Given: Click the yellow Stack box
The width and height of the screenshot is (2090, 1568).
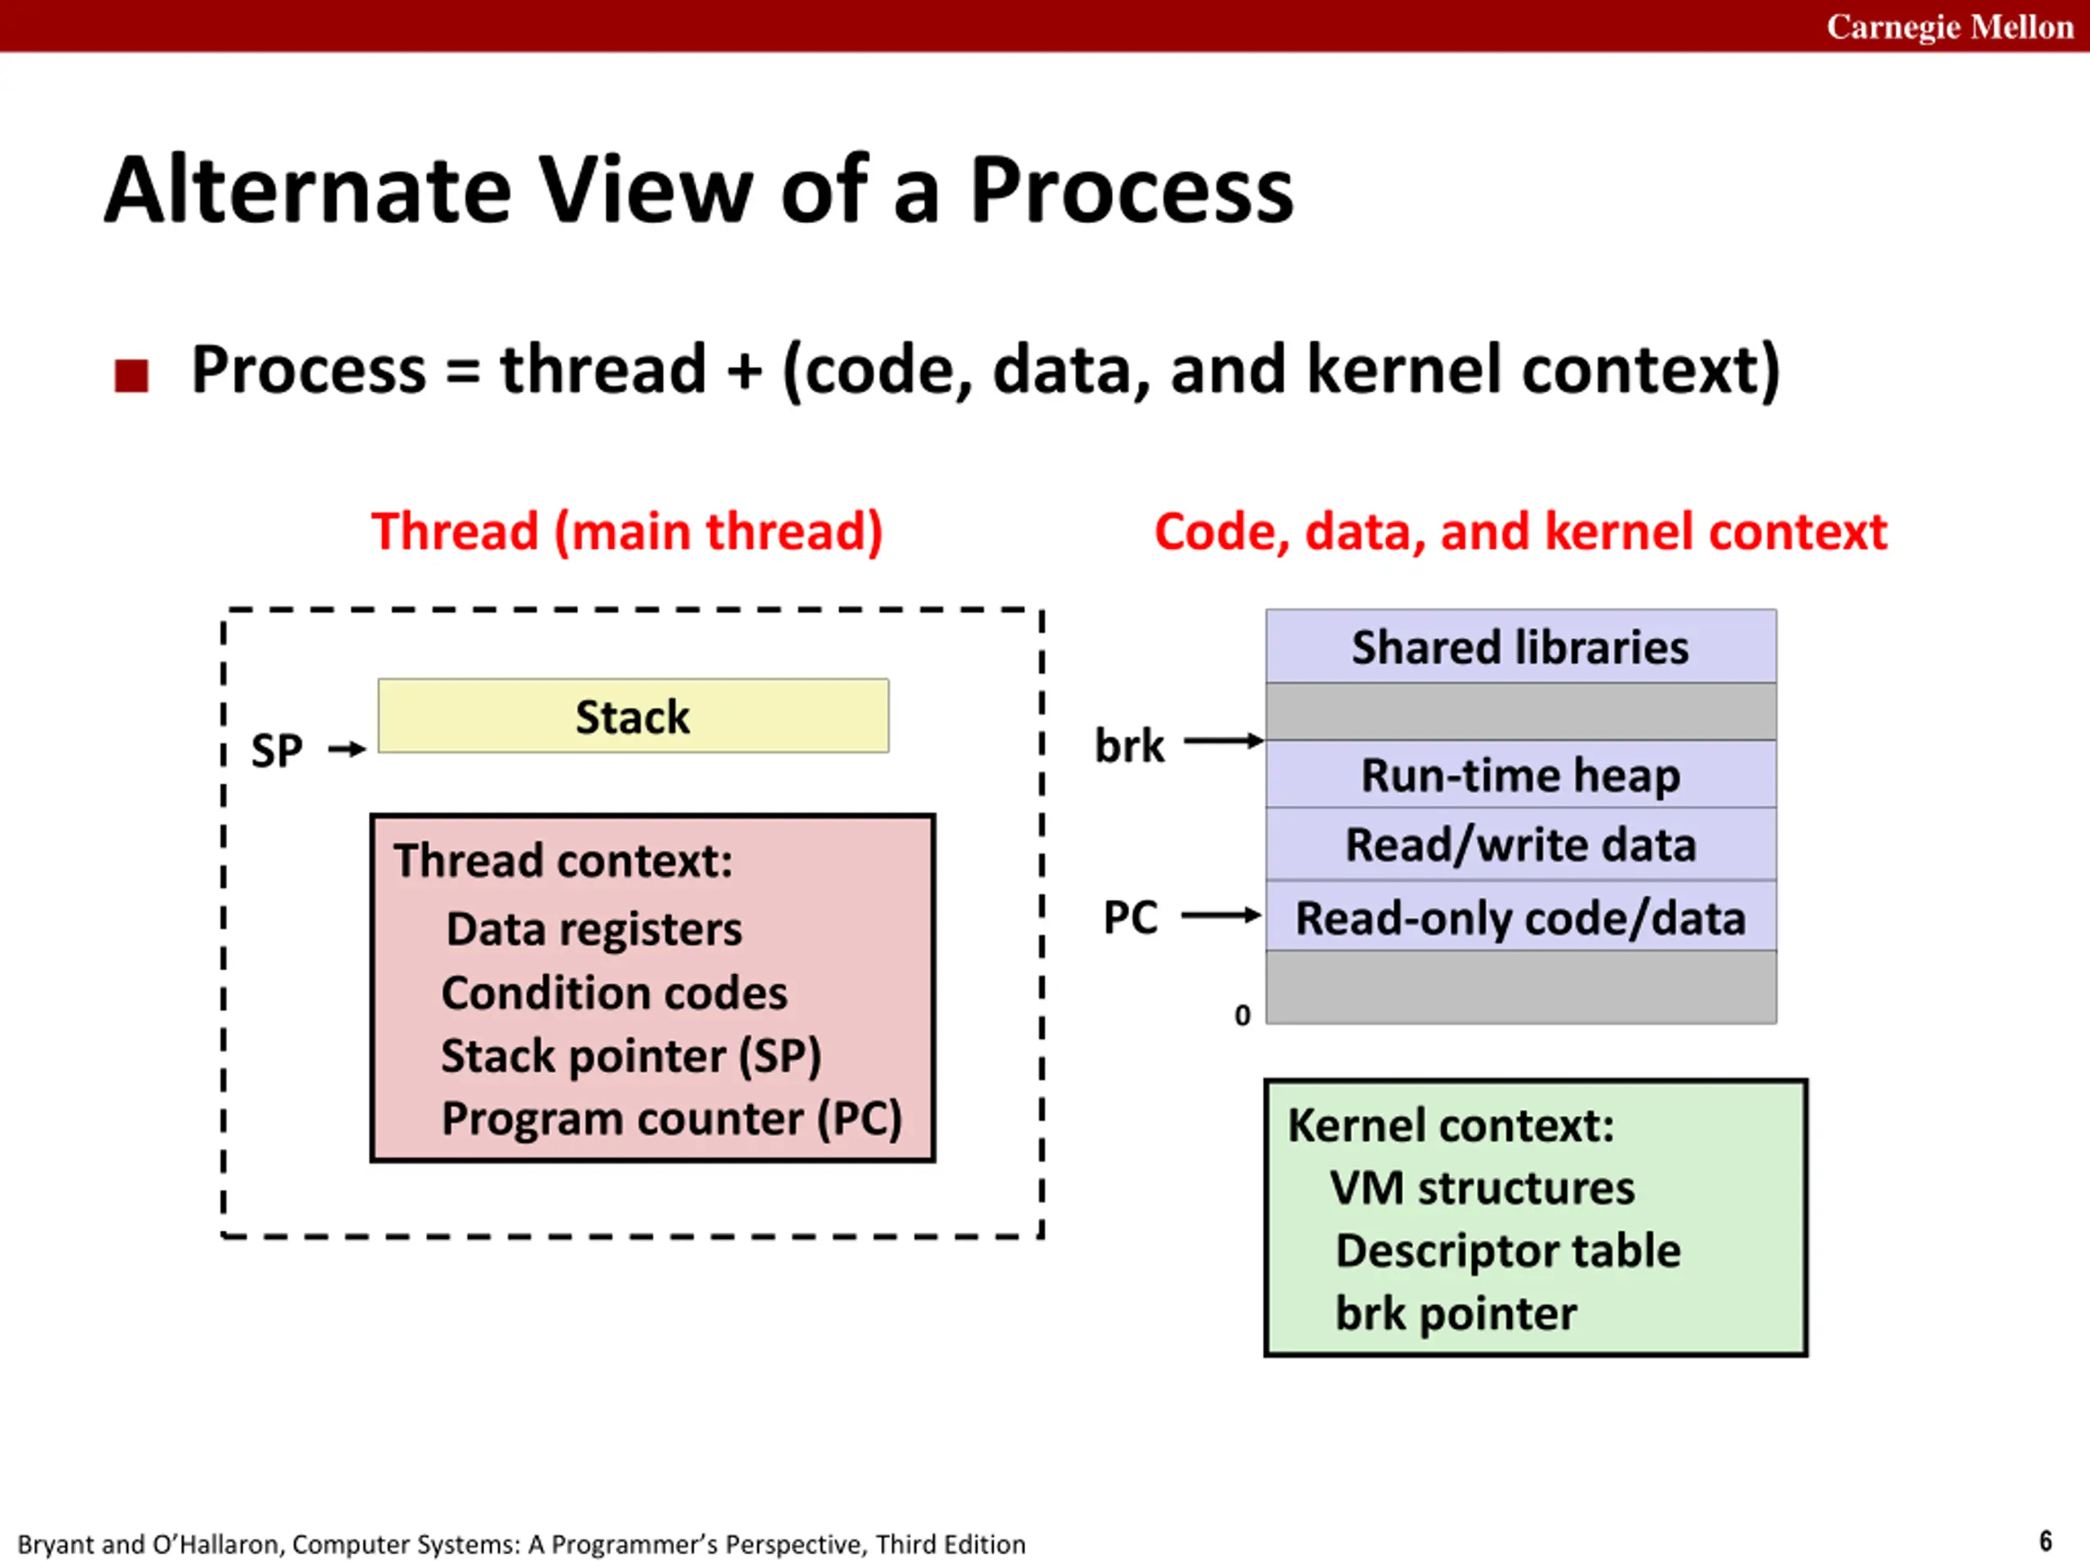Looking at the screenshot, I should coord(633,715).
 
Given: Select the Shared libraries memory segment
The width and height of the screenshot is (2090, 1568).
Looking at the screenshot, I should coord(1520,648).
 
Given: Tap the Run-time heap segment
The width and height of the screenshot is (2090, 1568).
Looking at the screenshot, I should coord(1520,775).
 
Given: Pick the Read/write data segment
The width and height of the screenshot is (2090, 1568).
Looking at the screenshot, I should coord(1520,844).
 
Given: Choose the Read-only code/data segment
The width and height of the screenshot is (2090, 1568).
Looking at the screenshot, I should coord(1520,917).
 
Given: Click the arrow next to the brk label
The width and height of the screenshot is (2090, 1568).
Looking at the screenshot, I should coord(1224,741).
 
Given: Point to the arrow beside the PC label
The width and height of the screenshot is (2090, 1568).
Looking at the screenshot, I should coord(1221,915).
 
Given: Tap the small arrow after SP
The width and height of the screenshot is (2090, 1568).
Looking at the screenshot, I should coord(347,750).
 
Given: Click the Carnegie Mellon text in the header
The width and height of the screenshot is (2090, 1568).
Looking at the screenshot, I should coord(1950,26).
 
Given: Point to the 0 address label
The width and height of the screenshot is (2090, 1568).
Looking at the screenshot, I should coord(1243,1015).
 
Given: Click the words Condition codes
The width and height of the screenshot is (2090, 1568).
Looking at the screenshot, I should coord(614,992).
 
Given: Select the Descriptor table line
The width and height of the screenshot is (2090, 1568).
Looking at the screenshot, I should coord(1508,1250).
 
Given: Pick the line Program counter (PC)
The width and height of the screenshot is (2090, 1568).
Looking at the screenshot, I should coord(672,1118).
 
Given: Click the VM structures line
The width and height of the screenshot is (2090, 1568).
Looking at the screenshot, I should coord(1482,1187).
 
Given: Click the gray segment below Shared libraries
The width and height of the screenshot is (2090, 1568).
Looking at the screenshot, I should coord(1520,711).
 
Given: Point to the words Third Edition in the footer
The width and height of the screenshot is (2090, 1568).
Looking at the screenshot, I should coord(950,1544).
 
